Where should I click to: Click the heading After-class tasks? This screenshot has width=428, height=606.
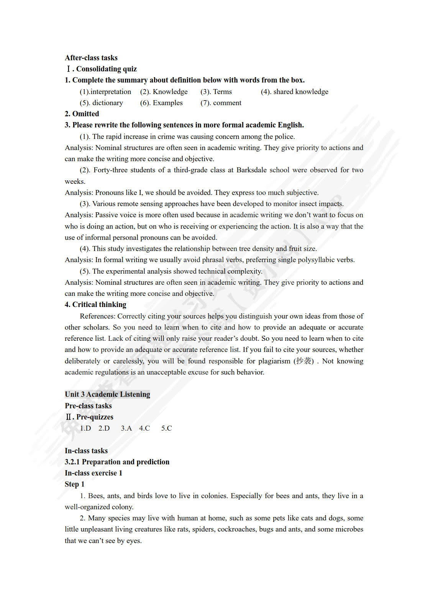coord(91,58)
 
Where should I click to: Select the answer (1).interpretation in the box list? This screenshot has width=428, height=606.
coord(105,92)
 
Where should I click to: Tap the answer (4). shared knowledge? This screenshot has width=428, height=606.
coord(294,92)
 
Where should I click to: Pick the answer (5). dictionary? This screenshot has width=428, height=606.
coord(101,103)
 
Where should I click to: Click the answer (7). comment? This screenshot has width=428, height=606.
coord(221,103)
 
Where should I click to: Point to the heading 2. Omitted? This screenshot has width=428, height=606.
coord(82,114)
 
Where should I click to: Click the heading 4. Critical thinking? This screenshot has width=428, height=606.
coord(95,305)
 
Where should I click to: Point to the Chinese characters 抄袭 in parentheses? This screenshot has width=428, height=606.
coord(303,361)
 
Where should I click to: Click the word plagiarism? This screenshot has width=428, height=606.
coord(274,361)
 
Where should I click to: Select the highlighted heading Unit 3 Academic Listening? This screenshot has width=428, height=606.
coord(107,395)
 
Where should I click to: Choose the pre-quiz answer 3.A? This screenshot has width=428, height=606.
coord(126,428)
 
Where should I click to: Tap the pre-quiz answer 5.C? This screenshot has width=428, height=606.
coord(166,428)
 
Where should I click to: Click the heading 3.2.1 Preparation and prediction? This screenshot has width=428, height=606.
coord(117,462)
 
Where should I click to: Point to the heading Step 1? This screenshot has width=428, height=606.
coord(74,484)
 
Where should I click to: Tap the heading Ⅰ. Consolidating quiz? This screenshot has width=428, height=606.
coord(102,69)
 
